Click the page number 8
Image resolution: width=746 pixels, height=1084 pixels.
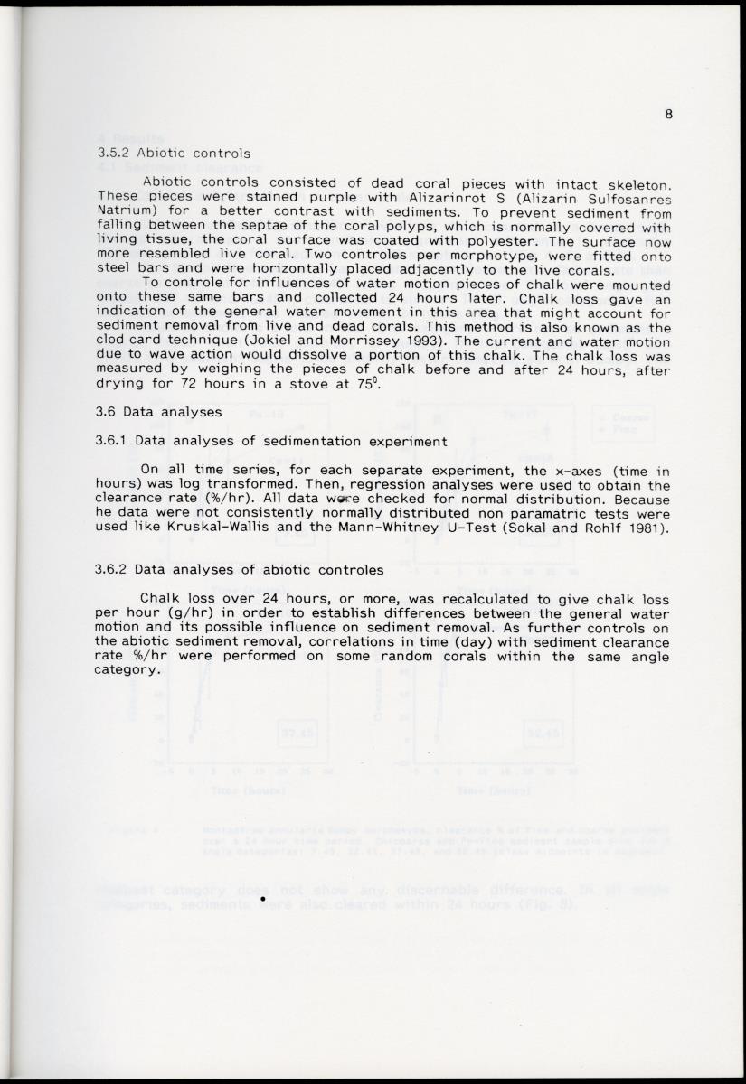coord(668,114)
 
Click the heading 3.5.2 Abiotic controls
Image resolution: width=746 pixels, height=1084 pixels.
coord(173,153)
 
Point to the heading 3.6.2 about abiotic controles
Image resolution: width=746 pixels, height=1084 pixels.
coord(239,569)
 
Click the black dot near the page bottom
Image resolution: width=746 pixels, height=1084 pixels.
coord(261,899)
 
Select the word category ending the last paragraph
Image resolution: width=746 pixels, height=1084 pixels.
coord(127,669)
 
